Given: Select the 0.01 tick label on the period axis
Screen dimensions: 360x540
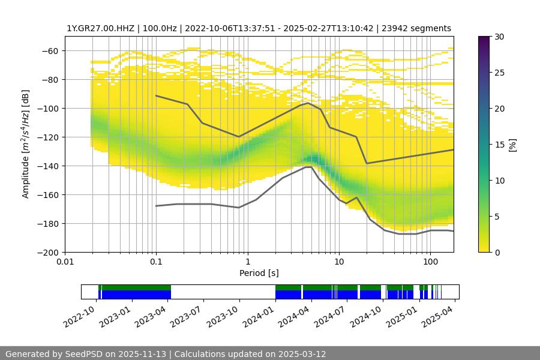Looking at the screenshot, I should (65, 262).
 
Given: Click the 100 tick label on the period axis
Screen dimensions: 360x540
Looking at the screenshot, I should (430, 262).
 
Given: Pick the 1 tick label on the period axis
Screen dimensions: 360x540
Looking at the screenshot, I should (247, 262).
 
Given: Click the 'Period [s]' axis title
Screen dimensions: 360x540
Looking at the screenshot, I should (259, 274).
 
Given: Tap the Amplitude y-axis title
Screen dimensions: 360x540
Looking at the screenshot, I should (25, 144).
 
